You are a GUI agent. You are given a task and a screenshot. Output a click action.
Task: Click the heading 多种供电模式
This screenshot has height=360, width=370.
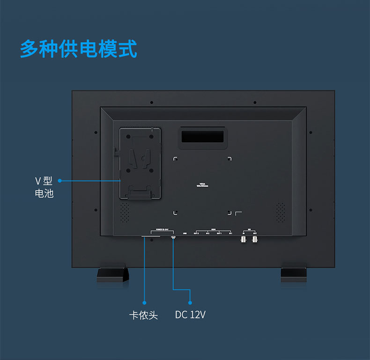tap(79, 49)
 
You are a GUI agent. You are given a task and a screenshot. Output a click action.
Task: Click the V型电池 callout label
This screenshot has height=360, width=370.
tap(44, 187)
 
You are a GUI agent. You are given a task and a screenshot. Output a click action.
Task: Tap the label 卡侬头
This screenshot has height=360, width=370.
tap(143, 315)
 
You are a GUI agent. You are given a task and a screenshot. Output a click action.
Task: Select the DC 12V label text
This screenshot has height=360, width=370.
tap(190, 315)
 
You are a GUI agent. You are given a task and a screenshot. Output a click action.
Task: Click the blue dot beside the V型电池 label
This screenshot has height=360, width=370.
tap(60, 181)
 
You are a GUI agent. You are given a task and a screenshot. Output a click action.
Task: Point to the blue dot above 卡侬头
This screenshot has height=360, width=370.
tap(144, 302)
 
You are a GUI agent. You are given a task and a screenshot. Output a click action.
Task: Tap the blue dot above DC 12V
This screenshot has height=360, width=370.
tap(190, 302)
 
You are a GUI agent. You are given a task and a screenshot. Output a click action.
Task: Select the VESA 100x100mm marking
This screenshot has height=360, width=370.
tap(202, 185)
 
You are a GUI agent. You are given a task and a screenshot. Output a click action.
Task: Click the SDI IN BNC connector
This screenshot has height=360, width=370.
tap(244, 239)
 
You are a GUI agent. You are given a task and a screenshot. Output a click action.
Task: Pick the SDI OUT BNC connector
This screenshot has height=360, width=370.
tap(255, 239)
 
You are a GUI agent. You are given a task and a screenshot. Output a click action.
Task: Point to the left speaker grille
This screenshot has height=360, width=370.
tap(125, 213)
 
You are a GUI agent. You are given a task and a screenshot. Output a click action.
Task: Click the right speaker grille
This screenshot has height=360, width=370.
tap(280, 213)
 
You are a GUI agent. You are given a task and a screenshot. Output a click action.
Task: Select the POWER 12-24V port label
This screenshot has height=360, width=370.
tap(162, 230)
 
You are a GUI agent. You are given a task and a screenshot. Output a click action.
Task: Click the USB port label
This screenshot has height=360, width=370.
tap(185, 233)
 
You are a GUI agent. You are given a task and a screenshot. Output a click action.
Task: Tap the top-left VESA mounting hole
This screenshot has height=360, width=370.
tap(176, 159)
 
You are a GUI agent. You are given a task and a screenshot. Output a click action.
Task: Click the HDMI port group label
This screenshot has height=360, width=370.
tap(213, 230)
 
